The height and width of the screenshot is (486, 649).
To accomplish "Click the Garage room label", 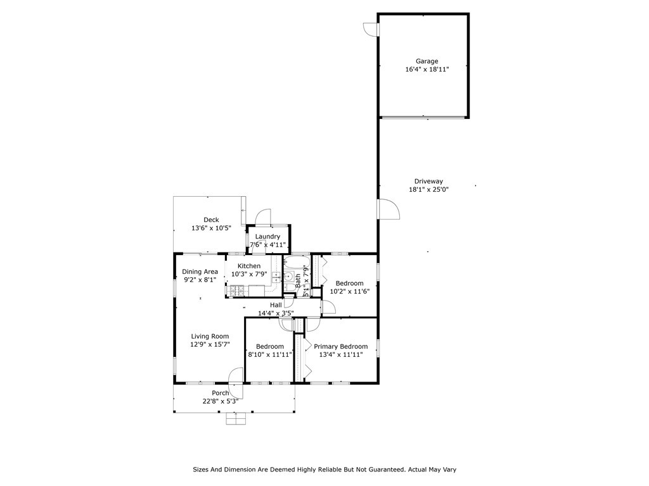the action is [x=427, y=61].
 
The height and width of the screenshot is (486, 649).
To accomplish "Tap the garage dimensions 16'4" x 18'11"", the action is [x=427, y=70].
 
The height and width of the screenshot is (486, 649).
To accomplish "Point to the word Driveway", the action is [x=428, y=182].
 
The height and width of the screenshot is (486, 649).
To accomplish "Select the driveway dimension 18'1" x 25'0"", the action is [x=428, y=190].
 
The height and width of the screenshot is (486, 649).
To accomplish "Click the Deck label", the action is [x=211, y=220].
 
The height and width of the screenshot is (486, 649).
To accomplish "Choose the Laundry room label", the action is [x=267, y=237].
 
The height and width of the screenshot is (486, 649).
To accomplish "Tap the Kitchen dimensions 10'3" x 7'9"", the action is [x=248, y=274].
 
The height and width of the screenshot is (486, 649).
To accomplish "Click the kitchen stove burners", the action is [x=237, y=290].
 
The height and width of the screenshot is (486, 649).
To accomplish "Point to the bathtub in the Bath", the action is [x=297, y=263].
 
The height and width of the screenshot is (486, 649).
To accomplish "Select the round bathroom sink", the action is [x=288, y=277].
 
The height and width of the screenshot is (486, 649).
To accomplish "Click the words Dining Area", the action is [x=200, y=271].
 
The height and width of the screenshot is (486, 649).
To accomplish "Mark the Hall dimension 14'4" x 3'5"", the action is [x=276, y=313].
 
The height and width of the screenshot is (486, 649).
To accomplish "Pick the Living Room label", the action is [x=210, y=337].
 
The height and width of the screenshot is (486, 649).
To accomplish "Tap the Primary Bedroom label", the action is [x=340, y=346].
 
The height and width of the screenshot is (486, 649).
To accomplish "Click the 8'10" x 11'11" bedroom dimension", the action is [x=270, y=354].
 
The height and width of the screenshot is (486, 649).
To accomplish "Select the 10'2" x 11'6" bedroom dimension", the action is [x=350, y=291].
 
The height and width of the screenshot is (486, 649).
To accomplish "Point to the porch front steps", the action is [x=236, y=419].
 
